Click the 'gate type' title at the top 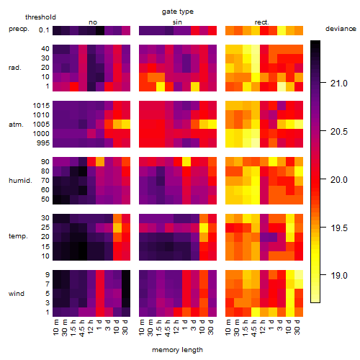pyautogui.click(x=178, y=12)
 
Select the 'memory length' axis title pyautogui.click(x=177, y=350)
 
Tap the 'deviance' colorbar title pyautogui.click(x=341, y=29)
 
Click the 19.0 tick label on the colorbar pyautogui.click(x=339, y=275)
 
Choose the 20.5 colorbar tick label pyautogui.click(x=339, y=132)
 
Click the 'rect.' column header pyautogui.click(x=262, y=22)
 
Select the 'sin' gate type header pyautogui.click(x=177, y=22)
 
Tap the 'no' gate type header pyautogui.click(x=93, y=22)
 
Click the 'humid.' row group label pyautogui.click(x=20, y=181)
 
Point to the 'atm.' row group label pyautogui.click(x=16, y=125)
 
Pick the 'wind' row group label pyautogui.click(x=17, y=294)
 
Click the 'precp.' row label pyautogui.click(x=19, y=29)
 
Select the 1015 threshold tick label pyautogui.click(x=41, y=106)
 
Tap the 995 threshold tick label pyautogui.click(x=43, y=143)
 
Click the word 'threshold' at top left pyautogui.click(x=40, y=17)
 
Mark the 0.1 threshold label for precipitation pyautogui.click(x=44, y=30)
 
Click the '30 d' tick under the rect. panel pyautogui.click(x=297, y=327)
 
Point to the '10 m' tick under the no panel pyautogui.click(x=55, y=327)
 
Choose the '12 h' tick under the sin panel pyautogui.click(x=176, y=327)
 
